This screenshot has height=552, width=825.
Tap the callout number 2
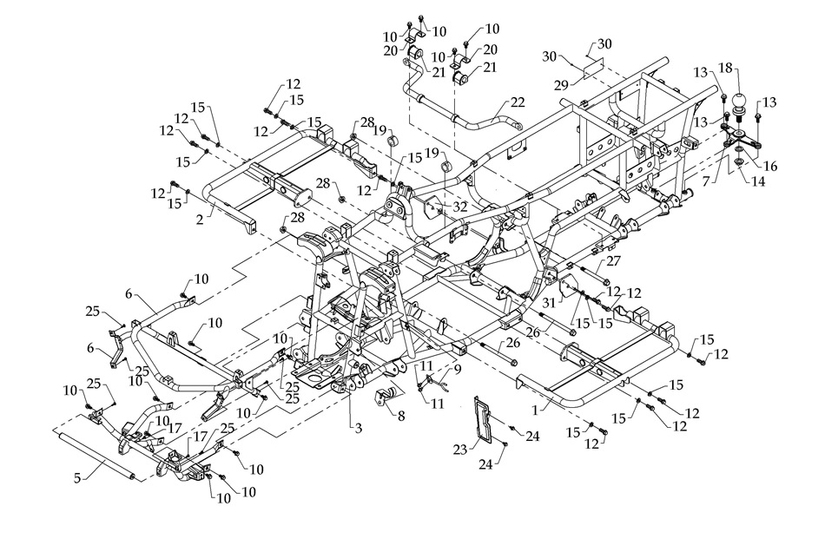coord(201,221)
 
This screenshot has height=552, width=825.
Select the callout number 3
coord(357,429)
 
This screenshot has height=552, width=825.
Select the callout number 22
coord(518,102)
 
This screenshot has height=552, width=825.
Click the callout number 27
coord(613,260)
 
